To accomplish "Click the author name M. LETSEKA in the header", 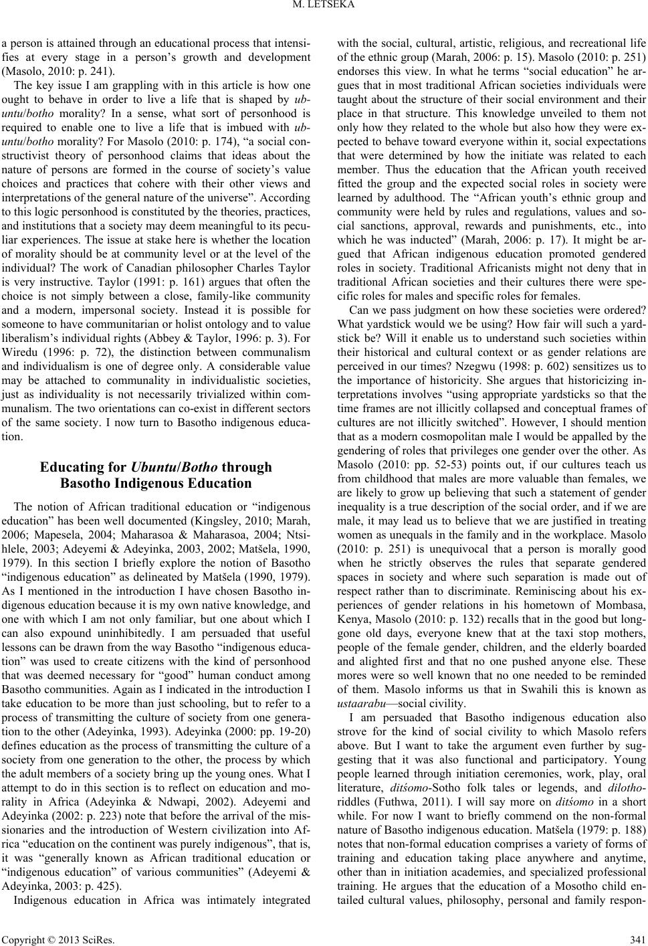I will click(x=324, y=8).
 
